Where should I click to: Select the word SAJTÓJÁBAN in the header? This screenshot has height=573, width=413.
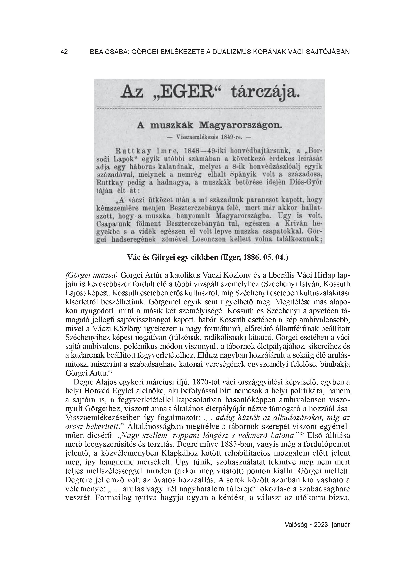(328, 52)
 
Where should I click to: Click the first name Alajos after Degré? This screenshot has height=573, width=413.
(97, 381)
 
